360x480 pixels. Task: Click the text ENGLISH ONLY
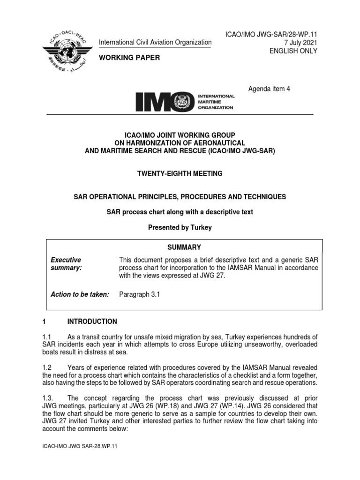293,51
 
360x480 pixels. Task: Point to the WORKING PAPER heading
129,58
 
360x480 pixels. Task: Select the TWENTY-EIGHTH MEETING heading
180,173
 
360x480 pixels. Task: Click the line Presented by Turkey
180,227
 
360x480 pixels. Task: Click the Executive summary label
66,263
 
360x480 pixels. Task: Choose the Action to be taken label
80,294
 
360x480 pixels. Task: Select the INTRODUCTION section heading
92,322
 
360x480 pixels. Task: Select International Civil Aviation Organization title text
155,42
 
